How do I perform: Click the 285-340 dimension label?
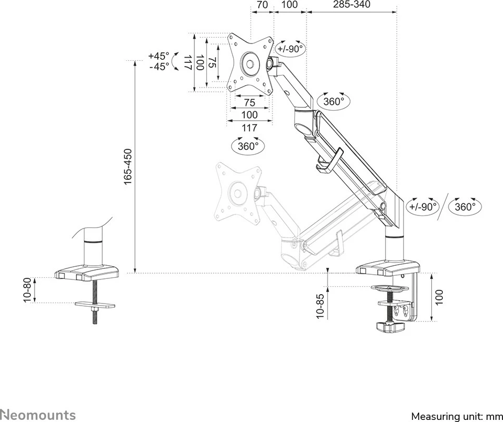tap(351, 5)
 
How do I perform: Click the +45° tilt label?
tap(159, 56)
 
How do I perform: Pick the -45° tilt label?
tap(159, 67)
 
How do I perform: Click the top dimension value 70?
tap(263, 5)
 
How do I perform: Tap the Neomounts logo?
tap(38, 415)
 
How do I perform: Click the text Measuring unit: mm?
tap(455, 416)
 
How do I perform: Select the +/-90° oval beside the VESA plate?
tap(290, 49)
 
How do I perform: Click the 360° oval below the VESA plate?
tap(248, 146)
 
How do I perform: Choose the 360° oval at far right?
tap(465, 207)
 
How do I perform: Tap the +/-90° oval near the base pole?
tap(423, 207)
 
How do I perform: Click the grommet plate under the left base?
tap(95, 305)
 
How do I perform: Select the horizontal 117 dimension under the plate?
tap(250, 127)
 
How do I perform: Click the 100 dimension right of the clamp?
tap(440, 297)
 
